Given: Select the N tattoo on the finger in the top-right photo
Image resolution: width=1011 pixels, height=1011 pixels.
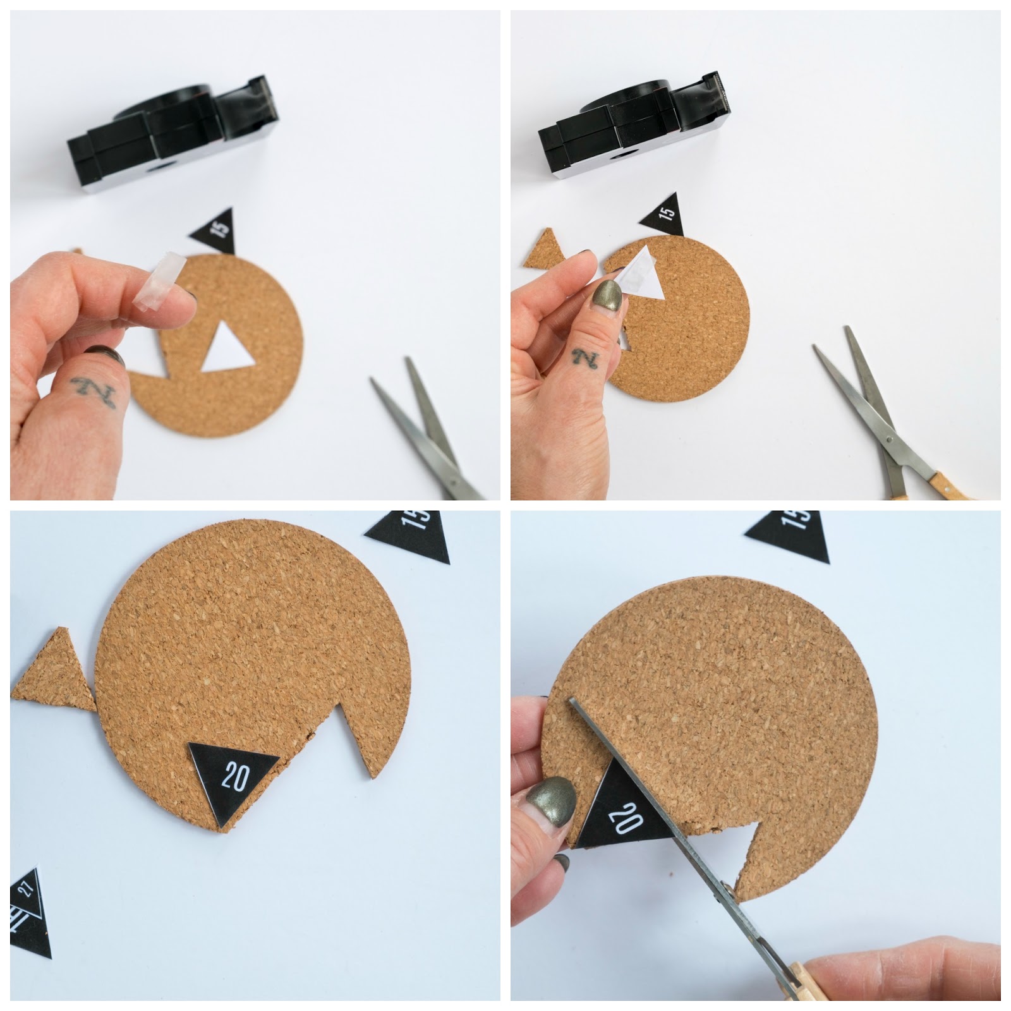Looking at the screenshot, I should tap(583, 361).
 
